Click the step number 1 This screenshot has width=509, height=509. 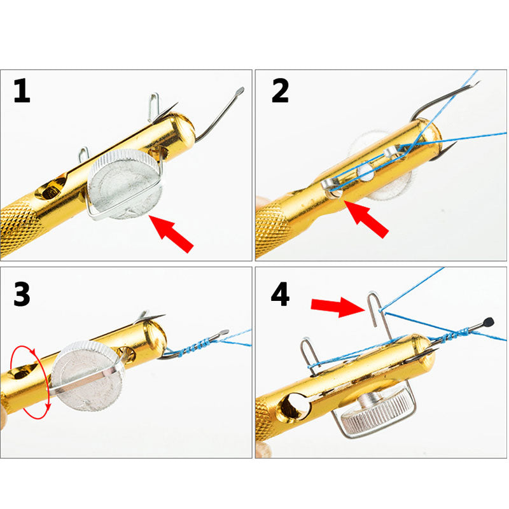(x=22, y=91)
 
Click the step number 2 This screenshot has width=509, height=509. (x=280, y=91)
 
